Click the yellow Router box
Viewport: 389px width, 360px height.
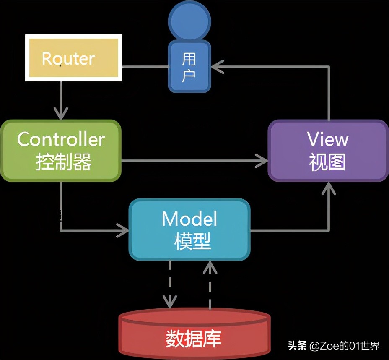tap(74, 58)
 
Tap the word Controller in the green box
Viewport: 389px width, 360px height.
tap(61, 139)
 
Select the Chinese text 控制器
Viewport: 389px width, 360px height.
tap(63, 162)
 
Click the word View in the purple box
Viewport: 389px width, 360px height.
tap(327, 139)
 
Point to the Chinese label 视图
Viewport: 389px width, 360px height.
tap(327, 162)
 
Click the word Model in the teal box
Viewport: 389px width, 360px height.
tap(189, 219)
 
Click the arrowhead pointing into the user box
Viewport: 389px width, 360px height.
tap(217, 66)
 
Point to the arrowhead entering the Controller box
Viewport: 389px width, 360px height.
tap(61, 112)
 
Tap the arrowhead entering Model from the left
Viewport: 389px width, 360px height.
tap(123, 230)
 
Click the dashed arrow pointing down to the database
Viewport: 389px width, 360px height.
tap(169, 285)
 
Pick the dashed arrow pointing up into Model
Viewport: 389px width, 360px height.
tap(210, 285)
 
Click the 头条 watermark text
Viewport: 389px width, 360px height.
tap(297, 346)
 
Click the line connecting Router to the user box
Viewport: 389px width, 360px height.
tap(145, 66)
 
